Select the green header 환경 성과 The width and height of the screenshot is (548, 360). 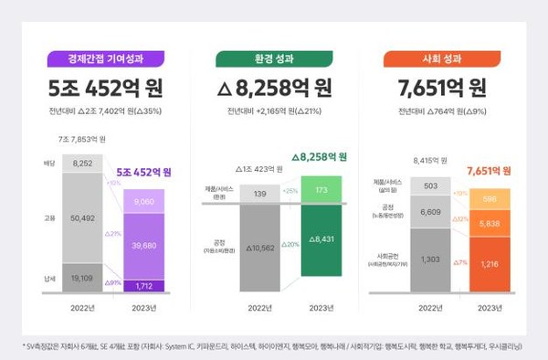(274, 59)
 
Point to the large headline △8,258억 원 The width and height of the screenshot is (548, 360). (274, 89)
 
